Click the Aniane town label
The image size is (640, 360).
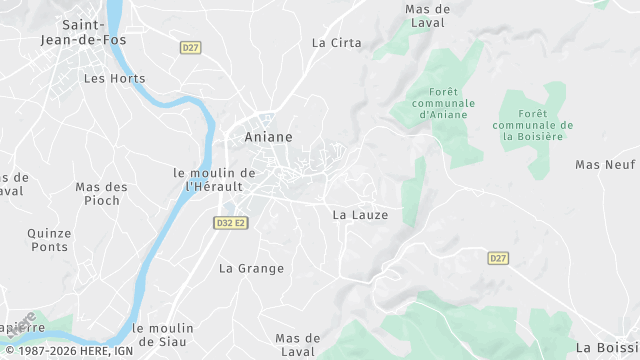coord(269,137)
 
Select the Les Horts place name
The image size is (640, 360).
coord(114,78)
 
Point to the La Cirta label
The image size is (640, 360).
coord(336,43)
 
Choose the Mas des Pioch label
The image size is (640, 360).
coord(102,193)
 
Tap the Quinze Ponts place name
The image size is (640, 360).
coord(49,239)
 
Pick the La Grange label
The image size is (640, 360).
coord(251,268)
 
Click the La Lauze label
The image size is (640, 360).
coord(359,214)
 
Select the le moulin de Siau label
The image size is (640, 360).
coord(165,334)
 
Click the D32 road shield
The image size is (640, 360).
coord(223,223)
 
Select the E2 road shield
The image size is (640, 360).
coord(239,223)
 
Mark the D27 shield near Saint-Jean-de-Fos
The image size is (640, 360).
coord(190,47)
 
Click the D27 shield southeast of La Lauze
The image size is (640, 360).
coord(498,258)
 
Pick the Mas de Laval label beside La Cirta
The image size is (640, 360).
coord(427,15)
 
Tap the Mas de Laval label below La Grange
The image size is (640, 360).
coord(297,344)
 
